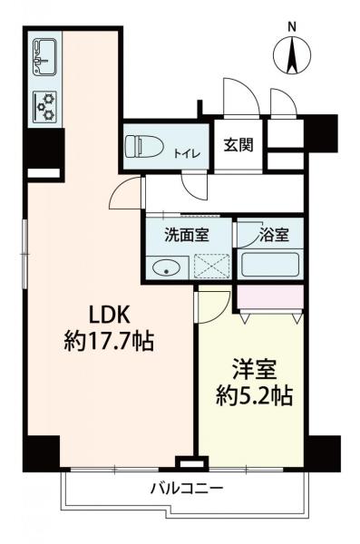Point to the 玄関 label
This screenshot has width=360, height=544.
(238, 145)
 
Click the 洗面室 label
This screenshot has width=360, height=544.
(186, 235)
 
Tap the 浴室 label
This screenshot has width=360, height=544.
(273, 235)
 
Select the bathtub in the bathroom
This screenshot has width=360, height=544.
(272, 267)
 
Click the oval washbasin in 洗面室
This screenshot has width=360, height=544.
(164, 267)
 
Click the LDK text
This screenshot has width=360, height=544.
(111, 315)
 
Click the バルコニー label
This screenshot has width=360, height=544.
(186, 489)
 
